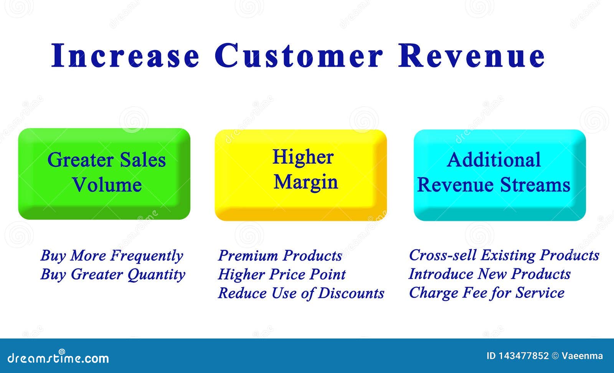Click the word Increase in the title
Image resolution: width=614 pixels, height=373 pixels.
125,55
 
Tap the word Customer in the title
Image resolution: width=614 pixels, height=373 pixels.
299,55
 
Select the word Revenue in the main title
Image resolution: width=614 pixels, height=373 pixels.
472,55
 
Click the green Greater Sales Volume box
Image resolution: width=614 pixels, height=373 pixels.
104,174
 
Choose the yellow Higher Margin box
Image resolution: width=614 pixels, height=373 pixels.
301,175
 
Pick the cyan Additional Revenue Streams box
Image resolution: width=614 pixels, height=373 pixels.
500,175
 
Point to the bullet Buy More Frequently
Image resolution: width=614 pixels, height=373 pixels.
112,256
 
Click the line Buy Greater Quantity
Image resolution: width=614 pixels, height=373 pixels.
113,275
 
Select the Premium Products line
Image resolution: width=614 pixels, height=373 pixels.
280,256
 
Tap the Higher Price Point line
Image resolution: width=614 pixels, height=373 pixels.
282,275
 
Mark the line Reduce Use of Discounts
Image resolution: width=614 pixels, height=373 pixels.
301,293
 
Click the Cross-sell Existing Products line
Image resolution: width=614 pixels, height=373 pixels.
504,255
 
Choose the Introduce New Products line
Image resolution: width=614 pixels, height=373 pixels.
490,274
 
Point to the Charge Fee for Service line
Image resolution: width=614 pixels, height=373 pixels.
487,293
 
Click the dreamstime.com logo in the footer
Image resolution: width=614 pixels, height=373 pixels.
58,357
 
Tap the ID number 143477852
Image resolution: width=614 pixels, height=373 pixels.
523,356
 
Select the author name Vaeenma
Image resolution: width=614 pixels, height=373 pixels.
582,356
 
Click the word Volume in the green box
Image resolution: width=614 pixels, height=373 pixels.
107,185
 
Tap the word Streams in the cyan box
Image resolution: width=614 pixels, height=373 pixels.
535,185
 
